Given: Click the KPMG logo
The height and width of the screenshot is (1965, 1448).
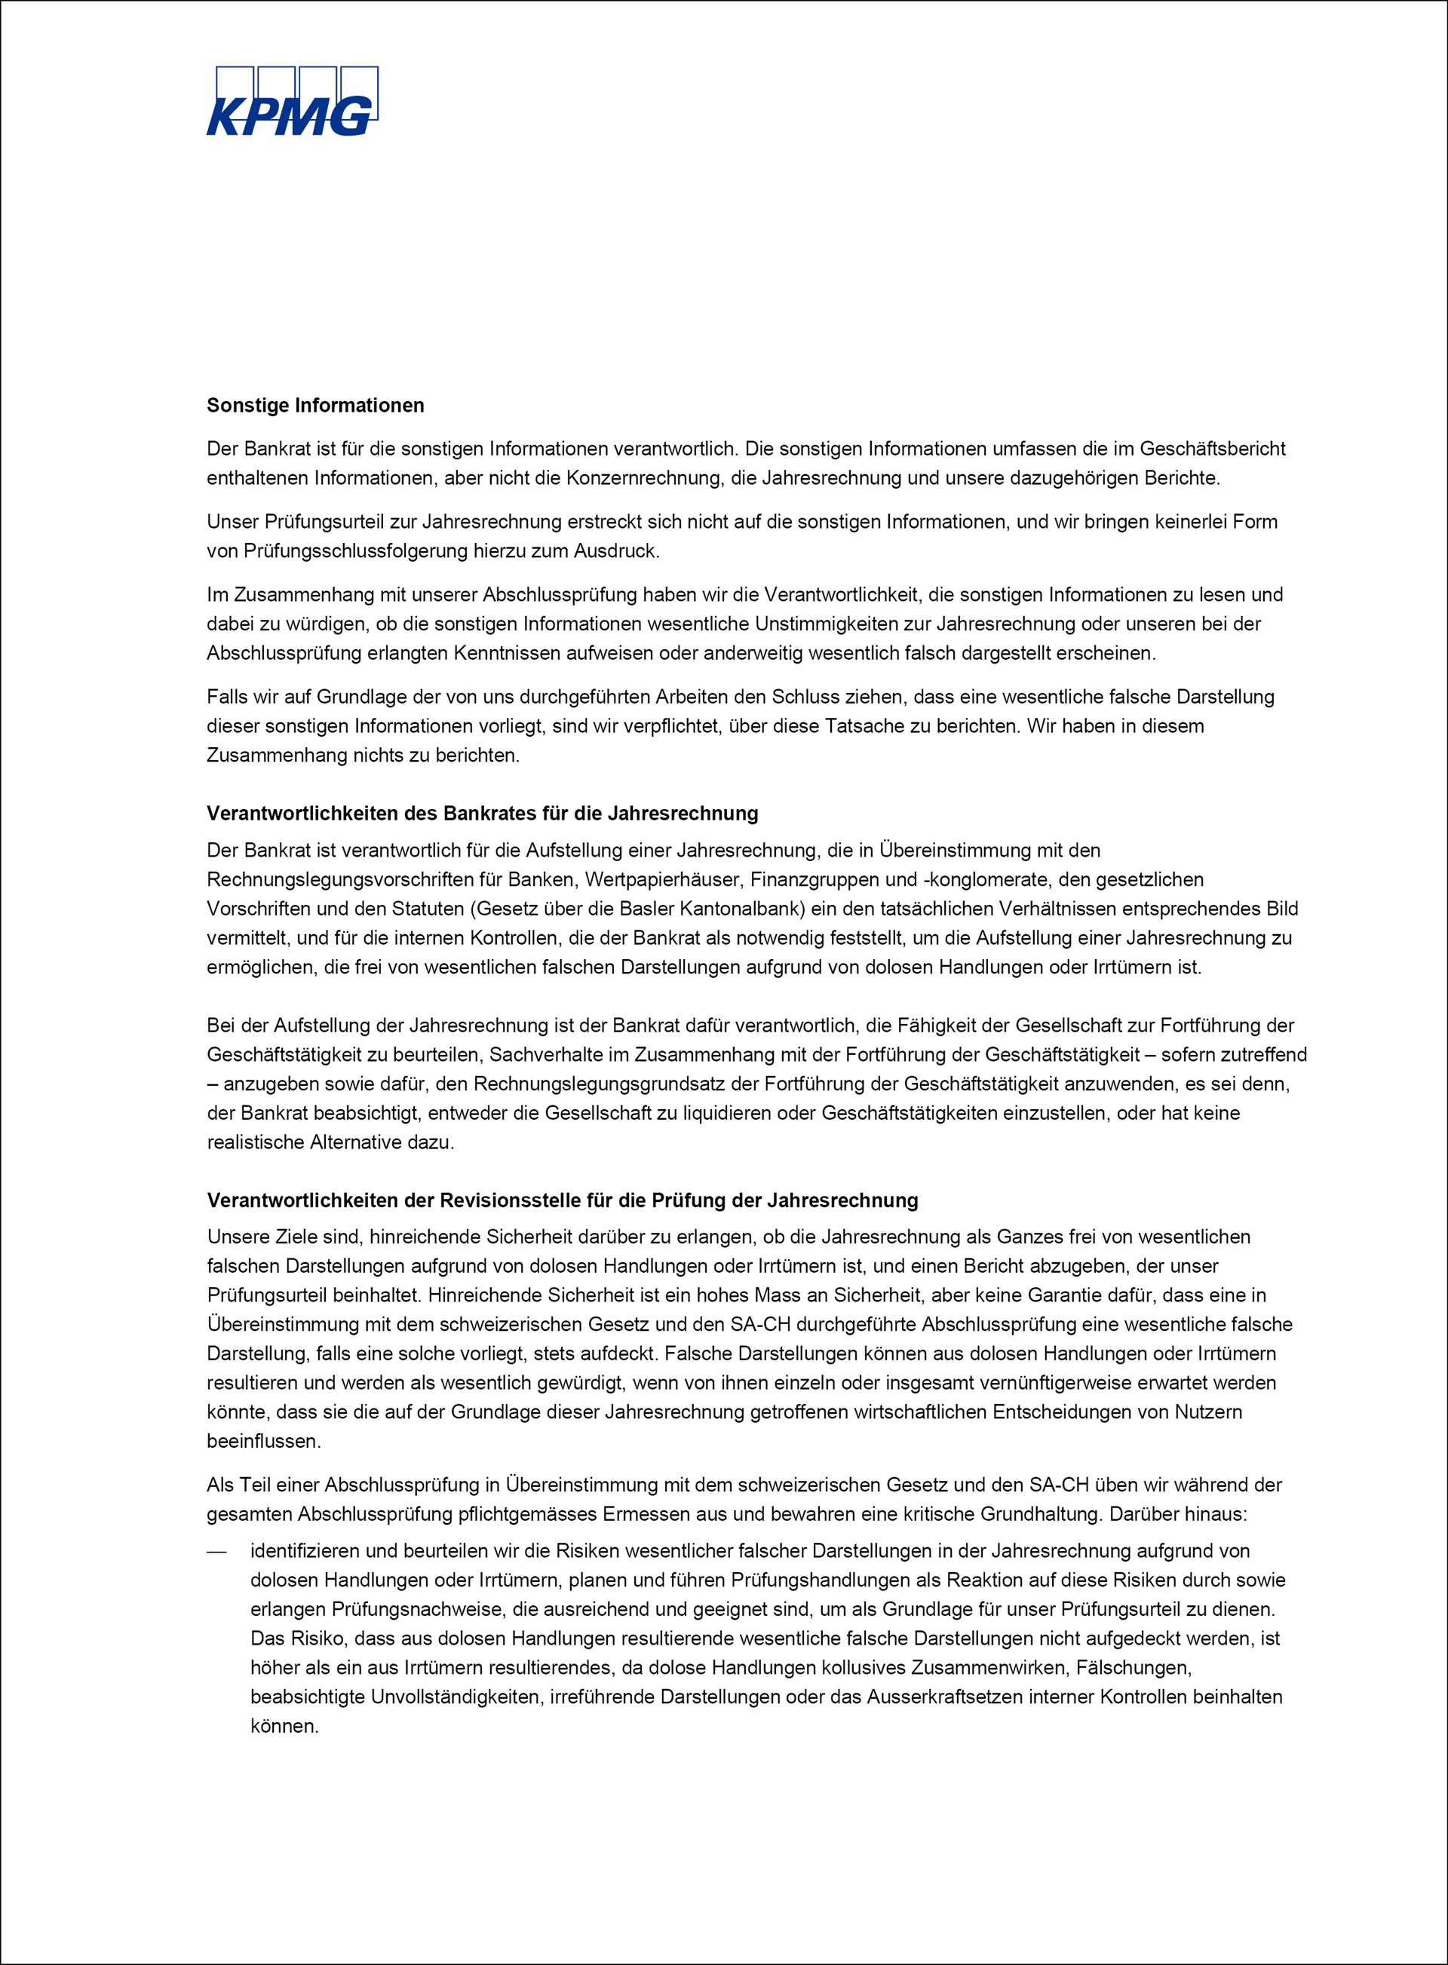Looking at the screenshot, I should point(292,102).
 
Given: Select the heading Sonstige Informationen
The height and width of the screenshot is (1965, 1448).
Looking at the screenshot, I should point(314,406).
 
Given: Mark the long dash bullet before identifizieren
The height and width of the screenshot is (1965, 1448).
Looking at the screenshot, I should point(216,1551).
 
